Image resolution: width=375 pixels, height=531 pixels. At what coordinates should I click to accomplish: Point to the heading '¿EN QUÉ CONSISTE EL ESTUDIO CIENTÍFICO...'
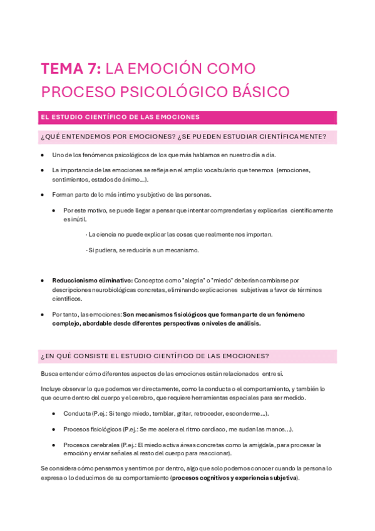155,356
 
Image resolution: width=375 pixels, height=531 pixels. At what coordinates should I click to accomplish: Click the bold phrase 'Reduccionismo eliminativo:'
92,281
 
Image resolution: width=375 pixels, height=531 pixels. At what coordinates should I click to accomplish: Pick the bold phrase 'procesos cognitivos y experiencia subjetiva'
235,478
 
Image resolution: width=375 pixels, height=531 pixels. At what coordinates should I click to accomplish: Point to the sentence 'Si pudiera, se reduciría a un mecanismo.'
143,250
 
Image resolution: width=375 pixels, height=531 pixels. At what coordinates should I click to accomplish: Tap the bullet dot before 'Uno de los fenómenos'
42,155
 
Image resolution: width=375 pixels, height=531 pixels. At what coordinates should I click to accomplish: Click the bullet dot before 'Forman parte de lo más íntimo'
42,194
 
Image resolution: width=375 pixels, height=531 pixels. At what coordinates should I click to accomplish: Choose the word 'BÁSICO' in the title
263,91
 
